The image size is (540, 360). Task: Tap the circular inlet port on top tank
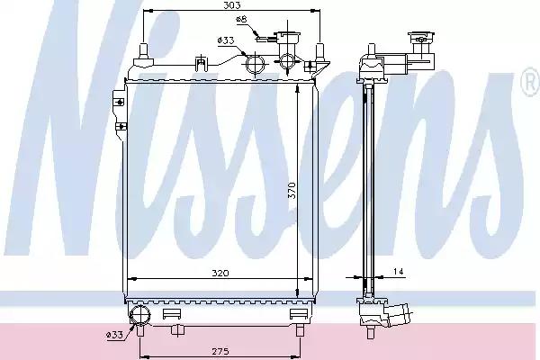(x=254, y=64)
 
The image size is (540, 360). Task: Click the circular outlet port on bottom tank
(x=140, y=314)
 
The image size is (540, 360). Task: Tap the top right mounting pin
(x=319, y=52)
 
